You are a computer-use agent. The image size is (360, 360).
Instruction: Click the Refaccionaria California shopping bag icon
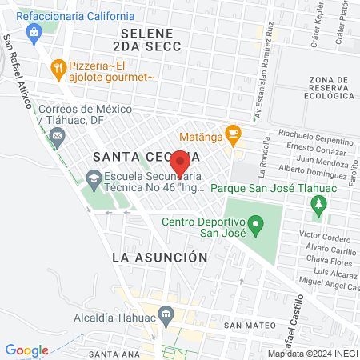(x=34, y=32)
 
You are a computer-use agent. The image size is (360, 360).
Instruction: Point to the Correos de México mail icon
(x=58, y=137)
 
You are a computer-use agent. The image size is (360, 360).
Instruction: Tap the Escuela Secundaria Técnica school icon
(x=94, y=178)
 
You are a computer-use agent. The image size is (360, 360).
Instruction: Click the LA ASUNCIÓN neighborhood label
(x=160, y=258)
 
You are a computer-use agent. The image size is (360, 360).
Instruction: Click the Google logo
(x=26, y=350)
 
